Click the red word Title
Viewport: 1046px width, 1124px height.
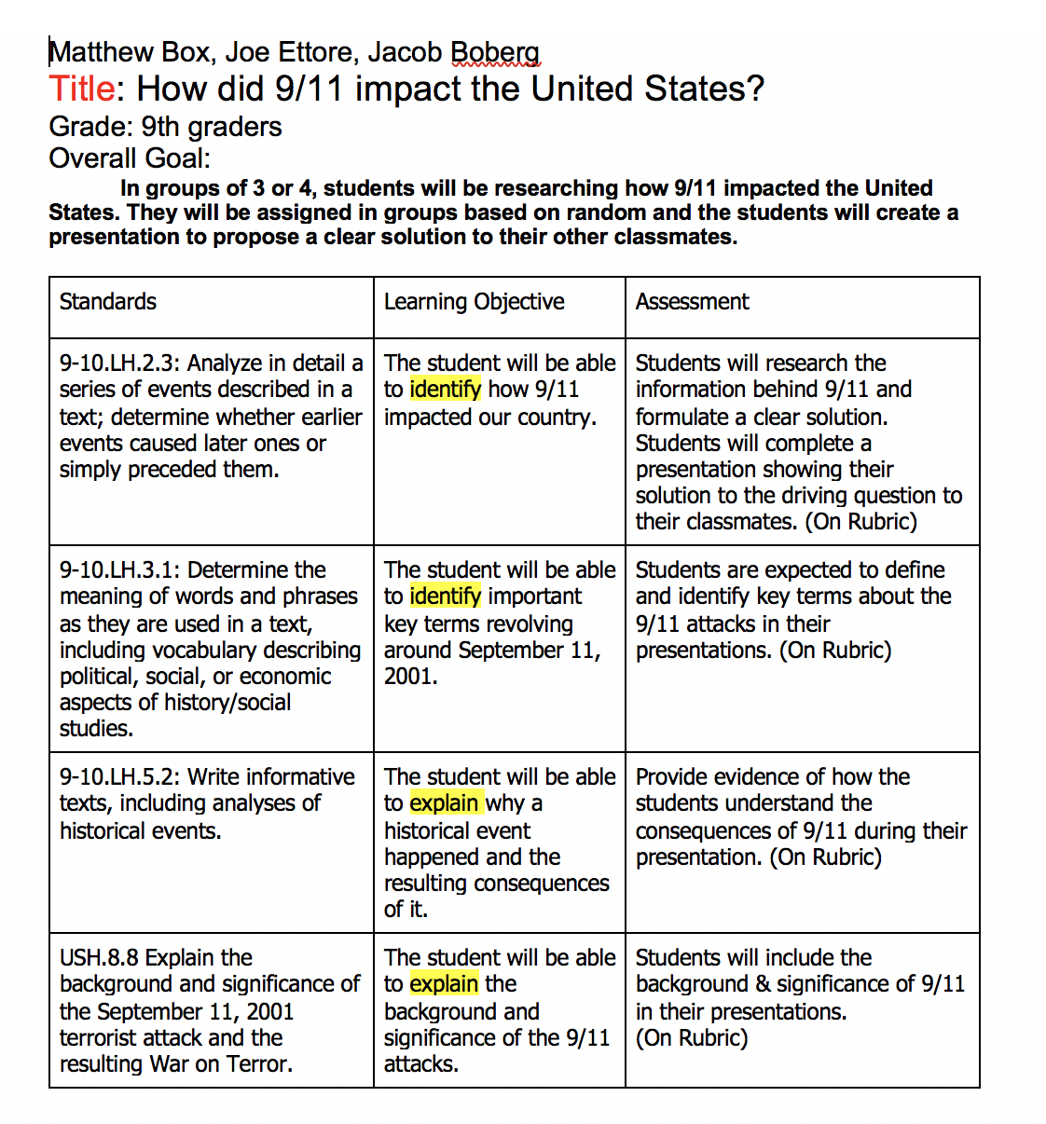coord(82,89)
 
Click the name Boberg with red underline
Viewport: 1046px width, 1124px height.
coord(495,52)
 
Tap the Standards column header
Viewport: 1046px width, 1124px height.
coord(107,302)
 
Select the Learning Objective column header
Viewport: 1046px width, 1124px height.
coord(474,302)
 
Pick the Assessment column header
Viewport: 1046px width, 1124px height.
coord(692,302)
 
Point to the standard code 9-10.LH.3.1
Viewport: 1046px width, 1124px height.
coord(118,570)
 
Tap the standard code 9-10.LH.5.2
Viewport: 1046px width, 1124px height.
coord(118,777)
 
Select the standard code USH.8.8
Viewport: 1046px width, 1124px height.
coord(99,958)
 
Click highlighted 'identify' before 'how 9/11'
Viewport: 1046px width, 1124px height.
coord(445,390)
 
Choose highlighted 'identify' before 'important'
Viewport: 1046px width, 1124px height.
coord(445,596)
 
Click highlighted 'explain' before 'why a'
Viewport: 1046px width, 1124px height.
coord(444,803)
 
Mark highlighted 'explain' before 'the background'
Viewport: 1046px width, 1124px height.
coord(444,984)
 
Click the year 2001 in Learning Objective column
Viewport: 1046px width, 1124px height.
coord(409,677)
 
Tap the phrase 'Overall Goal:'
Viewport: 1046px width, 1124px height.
coord(130,158)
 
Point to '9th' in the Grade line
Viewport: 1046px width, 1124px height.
coord(159,127)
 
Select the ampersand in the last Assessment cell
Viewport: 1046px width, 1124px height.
coord(762,984)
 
